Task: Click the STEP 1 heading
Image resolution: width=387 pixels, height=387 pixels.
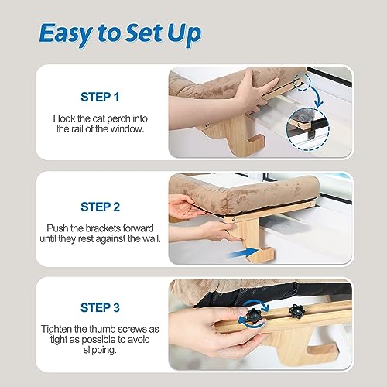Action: (x=100, y=97)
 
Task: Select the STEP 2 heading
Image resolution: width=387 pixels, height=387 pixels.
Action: (x=100, y=207)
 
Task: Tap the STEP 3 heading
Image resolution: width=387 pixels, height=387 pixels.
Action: (x=100, y=307)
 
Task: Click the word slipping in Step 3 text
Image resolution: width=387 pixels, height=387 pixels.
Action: (x=100, y=350)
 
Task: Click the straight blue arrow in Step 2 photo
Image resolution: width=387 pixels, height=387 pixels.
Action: (x=242, y=253)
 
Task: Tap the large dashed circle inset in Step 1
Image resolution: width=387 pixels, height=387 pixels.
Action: (x=308, y=129)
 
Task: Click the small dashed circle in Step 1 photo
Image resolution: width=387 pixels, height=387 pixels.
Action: (x=302, y=82)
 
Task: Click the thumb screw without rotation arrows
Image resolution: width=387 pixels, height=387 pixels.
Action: (x=296, y=311)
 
